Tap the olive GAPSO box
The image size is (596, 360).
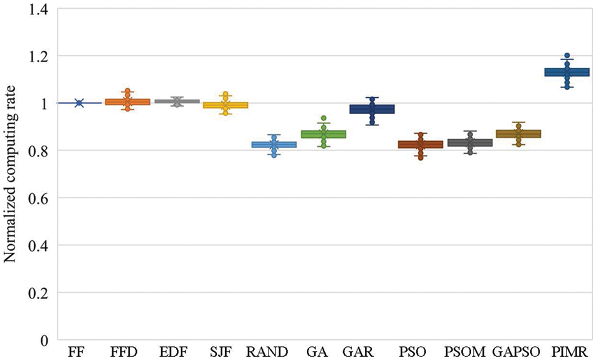click(x=518, y=134)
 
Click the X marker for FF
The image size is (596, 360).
click(x=79, y=103)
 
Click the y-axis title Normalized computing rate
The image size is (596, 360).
click(x=11, y=173)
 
